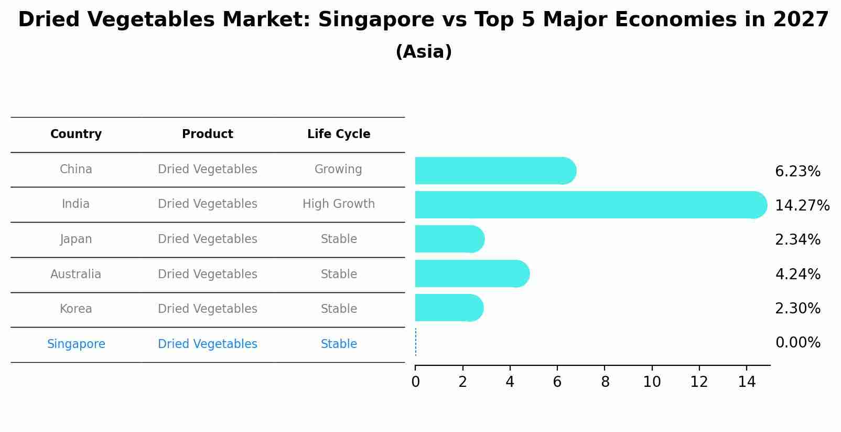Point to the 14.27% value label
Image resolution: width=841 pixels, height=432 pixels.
click(x=802, y=205)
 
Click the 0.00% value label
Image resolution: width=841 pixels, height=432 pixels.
click(x=797, y=343)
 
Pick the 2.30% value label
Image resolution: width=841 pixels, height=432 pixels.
click(x=797, y=308)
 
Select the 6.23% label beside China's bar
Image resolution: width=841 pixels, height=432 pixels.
click(x=797, y=171)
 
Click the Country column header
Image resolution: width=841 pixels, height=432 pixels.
click(x=76, y=134)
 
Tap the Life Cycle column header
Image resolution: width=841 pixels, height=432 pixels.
click(x=339, y=134)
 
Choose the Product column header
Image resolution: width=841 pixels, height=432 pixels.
click(x=208, y=134)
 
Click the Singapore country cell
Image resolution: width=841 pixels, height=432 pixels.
click(x=76, y=344)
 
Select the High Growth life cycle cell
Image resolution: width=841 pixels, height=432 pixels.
click(x=339, y=204)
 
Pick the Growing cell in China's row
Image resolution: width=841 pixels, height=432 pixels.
click(x=338, y=169)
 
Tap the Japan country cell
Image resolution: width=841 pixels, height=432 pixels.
click(x=76, y=239)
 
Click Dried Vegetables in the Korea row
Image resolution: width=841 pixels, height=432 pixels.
click(x=208, y=309)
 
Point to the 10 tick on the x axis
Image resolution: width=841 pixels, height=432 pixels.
click(x=652, y=382)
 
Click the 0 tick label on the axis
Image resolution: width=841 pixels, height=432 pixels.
click(x=415, y=382)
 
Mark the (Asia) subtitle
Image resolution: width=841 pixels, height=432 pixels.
click(x=424, y=52)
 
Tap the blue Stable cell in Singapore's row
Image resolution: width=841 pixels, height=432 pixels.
click(x=339, y=344)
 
